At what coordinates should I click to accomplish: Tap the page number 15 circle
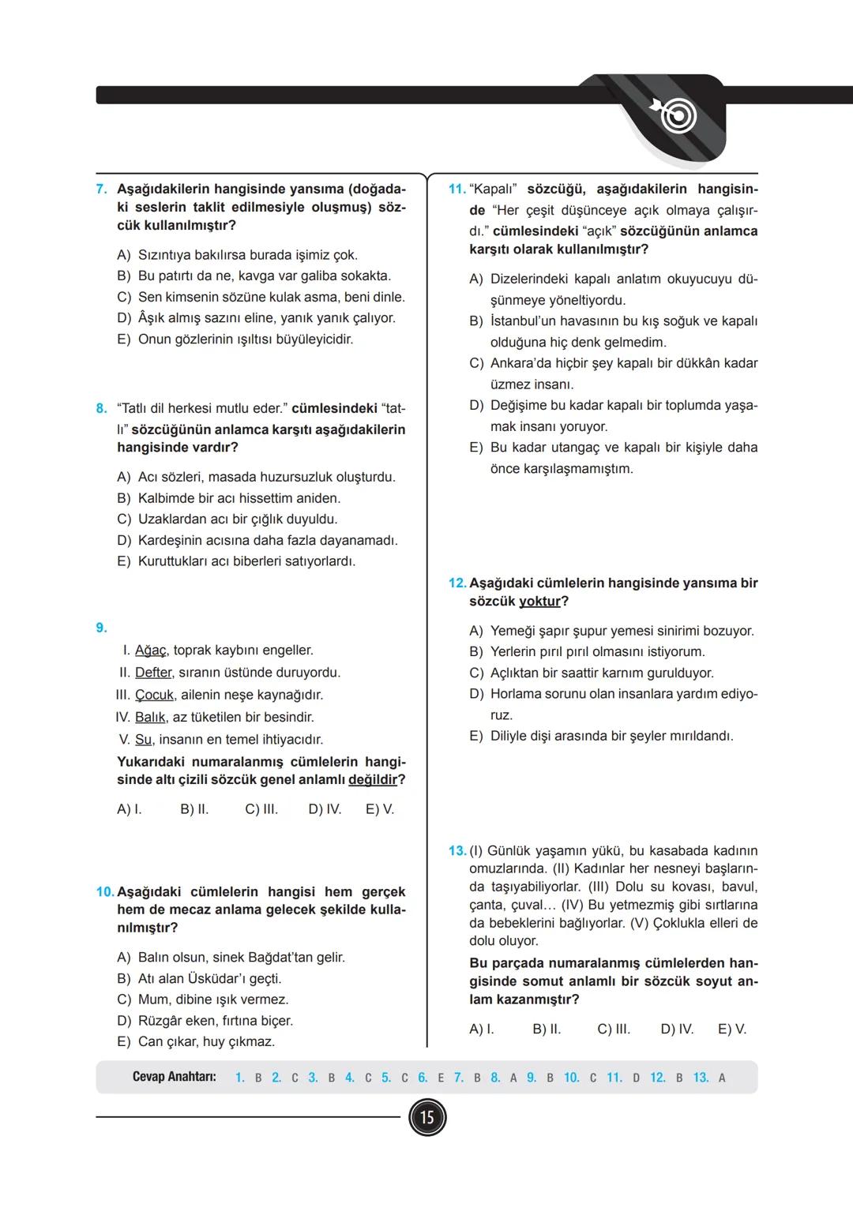tap(426, 1118)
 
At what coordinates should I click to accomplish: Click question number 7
tap(102, 189)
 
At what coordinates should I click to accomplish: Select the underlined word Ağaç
tap(150, 651)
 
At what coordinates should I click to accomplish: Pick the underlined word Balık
tap(150, 718)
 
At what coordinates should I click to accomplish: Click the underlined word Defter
tap(153, 673)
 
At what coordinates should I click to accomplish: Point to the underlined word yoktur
tap(539, 602)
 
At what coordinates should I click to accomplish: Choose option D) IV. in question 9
tap(325, 810)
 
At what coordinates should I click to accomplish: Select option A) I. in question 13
tap(481, 1029)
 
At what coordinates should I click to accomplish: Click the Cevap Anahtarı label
tap(175, 1078)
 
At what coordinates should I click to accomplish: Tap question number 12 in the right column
tap(457, 583)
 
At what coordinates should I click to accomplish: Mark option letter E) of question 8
tap(123, 561)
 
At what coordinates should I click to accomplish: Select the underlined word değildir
tap(372, 780)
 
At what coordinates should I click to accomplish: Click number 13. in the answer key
tap(701, 1078)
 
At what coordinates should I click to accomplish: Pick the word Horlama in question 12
tap(515, 694)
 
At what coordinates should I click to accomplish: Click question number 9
tap(102, 628)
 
